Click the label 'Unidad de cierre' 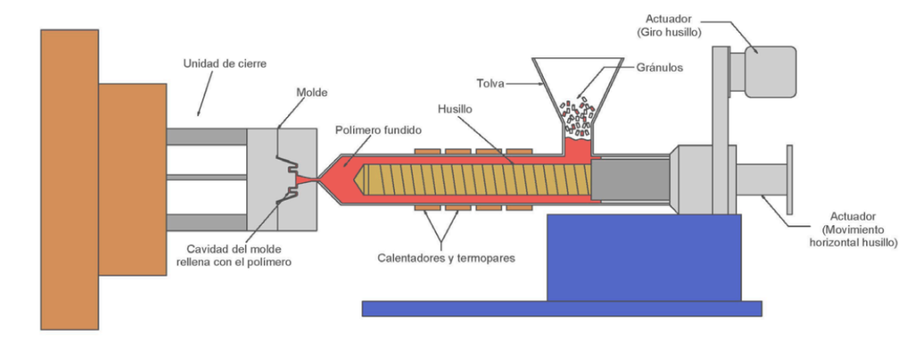[224, 64]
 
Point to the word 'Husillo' [455, 110]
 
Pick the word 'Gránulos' [661, 66]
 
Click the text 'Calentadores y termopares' [446, 258]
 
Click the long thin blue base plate [561, 308]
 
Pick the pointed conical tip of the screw [358, 181]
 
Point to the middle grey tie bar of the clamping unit [206, 177]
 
